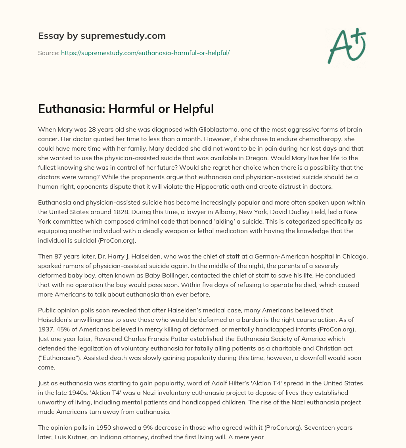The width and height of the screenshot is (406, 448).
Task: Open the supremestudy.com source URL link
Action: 145,53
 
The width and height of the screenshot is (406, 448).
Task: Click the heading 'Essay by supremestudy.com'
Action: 102,36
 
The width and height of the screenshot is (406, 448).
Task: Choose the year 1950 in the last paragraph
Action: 100,428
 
